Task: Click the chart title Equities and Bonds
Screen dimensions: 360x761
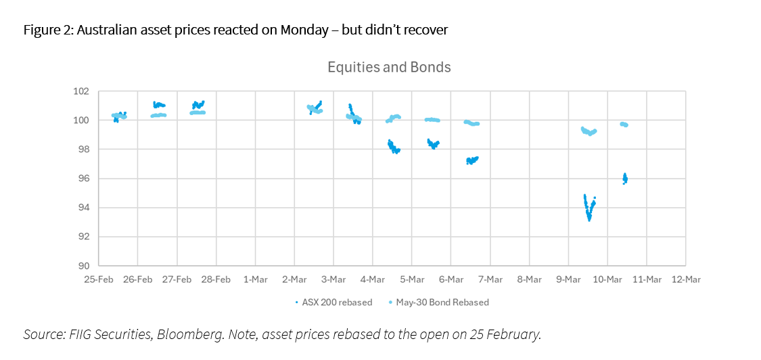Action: pos(389,68)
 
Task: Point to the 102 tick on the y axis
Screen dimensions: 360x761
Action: pos(80,91)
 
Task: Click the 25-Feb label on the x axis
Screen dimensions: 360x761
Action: pos(99,279)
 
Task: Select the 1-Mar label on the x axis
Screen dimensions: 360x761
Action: pos(255,279)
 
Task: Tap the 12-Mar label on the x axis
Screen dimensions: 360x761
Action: pos(685,279)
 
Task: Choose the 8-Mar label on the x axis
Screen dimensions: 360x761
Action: pos(529,279)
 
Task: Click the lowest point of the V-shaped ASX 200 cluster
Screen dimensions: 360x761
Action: pos(589,219)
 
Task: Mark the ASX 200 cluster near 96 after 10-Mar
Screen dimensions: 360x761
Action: pos(625,179)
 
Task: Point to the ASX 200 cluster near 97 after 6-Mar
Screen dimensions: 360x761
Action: pos(472,160)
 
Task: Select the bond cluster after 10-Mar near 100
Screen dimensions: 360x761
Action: pos(624,125)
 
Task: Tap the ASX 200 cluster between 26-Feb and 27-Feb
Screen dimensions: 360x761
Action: pos(159,105)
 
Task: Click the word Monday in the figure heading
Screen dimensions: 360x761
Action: pos(289,30)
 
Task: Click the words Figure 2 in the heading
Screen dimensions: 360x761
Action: pos(45,30)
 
